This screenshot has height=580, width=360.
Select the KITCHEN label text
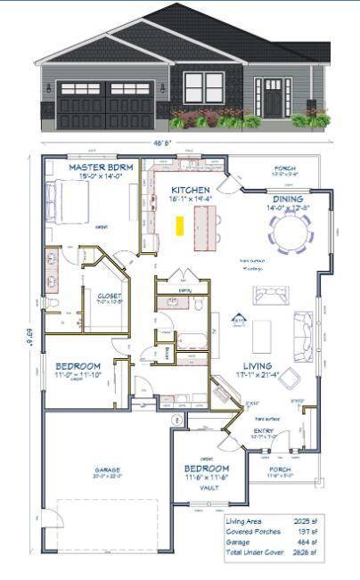tap(191, 190)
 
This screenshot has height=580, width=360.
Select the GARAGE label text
tap(108, 470)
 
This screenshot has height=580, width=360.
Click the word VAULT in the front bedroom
tap(207, 487)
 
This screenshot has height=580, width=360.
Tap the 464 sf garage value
tap(305, 542)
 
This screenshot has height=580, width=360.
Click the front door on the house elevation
tap(273, 94)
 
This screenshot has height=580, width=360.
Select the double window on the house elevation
tap(204, 87)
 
